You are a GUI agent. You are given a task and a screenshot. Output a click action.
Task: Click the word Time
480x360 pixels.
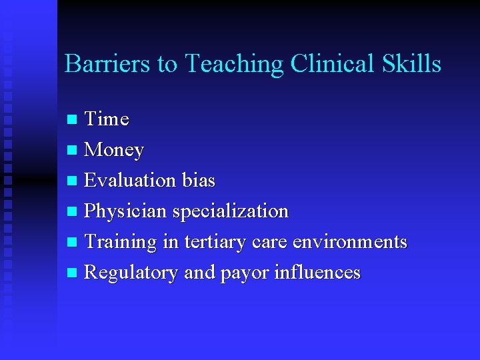tap(107, 119)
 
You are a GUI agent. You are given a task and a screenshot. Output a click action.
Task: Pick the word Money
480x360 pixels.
tap(114, 150)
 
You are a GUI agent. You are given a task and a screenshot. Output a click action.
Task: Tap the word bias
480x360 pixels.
tap(198, 181)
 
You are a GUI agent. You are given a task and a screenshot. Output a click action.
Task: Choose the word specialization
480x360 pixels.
tap(231, 211)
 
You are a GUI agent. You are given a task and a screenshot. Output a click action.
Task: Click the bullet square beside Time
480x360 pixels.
tap(73, 120)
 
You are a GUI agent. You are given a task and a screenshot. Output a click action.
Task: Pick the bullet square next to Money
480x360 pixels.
tap(73, 151)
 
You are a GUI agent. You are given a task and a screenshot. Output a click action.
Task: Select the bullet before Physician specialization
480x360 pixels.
tap(73, 212)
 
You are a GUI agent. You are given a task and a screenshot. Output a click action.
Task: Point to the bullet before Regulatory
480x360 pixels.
tap(73, 273)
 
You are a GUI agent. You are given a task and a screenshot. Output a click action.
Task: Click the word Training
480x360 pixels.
tap(121, 242)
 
